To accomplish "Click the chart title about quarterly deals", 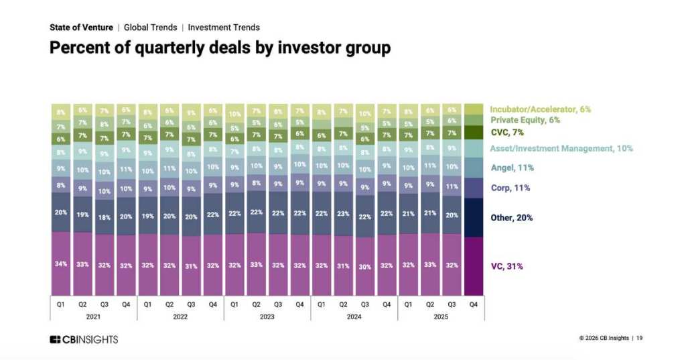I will point(220,48).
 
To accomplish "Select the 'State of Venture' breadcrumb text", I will point(81,27).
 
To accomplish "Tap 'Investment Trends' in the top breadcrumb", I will point(224,27).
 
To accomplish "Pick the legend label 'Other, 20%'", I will point(512,218).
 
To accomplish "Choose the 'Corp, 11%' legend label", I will point(510,188).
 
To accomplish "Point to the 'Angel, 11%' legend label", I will point(512,168).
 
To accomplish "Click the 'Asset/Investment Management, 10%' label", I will point(561,148).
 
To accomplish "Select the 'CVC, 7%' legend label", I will point(508,132).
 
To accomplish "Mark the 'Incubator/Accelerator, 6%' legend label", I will point(540,109).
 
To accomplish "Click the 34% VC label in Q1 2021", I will point(60,263).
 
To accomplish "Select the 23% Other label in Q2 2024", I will point(343,214).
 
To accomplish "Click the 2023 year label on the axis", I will point(267,315).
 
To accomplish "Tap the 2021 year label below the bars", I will point(93,315).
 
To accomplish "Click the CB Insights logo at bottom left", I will point(84,339).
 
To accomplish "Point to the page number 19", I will point(640,338).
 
